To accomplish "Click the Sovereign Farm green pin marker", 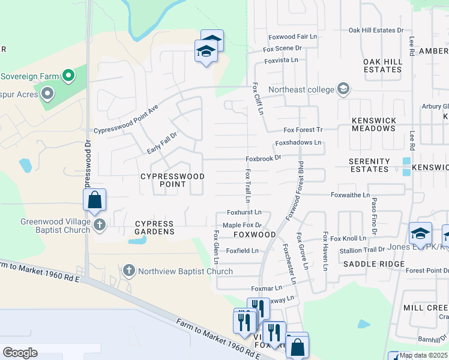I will click(68, 76).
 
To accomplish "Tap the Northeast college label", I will click(300, 90).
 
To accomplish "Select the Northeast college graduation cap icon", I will click(343, 89).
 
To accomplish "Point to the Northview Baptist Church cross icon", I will click(128, 271).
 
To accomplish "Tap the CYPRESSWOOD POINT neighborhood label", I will click(172, 181).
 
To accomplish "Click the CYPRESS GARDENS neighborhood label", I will click(154, 227).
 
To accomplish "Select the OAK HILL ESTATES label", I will click(382, 65).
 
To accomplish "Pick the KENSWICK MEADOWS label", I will click(373, 125).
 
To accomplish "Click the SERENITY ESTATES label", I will click(370, 165).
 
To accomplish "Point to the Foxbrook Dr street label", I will click(263, 158).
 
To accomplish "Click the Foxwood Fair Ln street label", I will click(293, 37).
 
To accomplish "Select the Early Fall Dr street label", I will click(163, 143).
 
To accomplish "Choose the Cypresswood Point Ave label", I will click(126, 120).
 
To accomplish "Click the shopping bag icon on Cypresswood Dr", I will click(95, 200).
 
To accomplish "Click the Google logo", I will click(20, 353).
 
